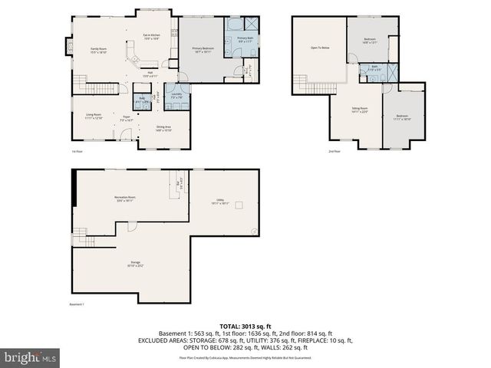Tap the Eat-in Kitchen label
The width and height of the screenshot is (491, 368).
click(x=151, y=37)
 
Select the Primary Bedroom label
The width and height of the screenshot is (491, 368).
click(x=203, y=50)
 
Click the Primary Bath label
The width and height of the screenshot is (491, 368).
click(x=245, y=40)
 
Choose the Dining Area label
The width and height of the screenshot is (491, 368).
click(x=163, y=128)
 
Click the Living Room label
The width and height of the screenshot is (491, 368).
click(x=94, y=117)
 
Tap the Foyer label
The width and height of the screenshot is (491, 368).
click(x=127, y=120)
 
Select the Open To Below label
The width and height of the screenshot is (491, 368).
click(x=320, y=48)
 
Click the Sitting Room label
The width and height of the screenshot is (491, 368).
click(x=360, y=110)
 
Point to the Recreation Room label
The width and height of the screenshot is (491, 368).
click(x=126, y=199)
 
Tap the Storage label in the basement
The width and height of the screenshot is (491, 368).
click(x=135, y=264)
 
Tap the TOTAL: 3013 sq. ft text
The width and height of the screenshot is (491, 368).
click(x=245, y=325)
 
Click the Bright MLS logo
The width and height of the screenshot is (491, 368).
click(x=30, y=357)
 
